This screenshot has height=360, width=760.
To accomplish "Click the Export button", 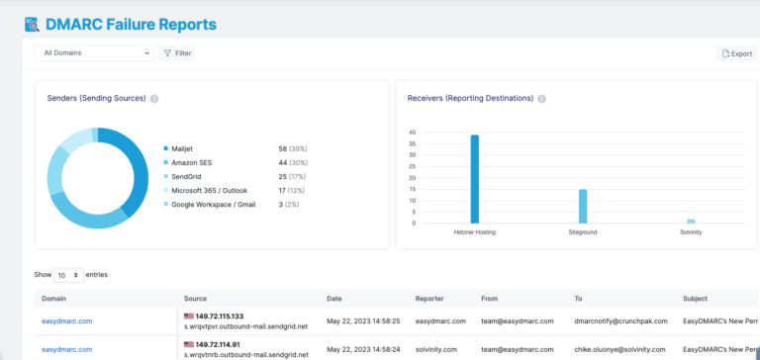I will coord(737,53).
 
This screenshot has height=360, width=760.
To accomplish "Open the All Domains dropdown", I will coord(93,52).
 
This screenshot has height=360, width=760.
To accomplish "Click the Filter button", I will coord(177,52).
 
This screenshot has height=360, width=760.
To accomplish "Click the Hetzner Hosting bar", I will coord(475,179).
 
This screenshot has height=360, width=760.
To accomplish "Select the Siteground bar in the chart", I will coord(583,206).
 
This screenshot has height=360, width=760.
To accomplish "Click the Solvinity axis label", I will coord(691,231).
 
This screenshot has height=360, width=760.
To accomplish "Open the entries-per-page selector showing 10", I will coord(68,274).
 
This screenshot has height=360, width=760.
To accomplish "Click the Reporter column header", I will coord(432,298).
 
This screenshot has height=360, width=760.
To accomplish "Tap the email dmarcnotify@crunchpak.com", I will coord(618,321).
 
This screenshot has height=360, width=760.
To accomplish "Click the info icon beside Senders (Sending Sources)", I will coord(154,99).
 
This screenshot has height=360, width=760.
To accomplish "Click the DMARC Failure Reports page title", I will coord(131,24).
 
